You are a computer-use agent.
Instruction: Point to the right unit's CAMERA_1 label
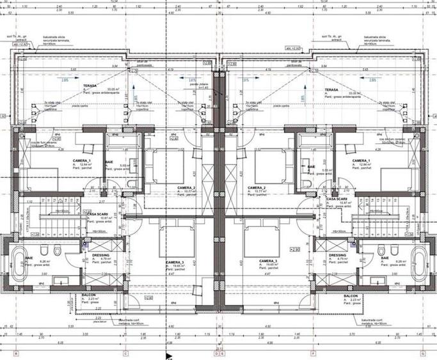(361, 160)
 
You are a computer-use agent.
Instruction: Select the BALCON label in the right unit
(350, 296)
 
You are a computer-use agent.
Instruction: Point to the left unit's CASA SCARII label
(97, 214)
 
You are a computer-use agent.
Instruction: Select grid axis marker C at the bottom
(125, 353)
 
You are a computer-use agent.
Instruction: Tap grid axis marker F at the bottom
(313, 353)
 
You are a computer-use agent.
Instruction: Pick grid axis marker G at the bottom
(423, 353)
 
